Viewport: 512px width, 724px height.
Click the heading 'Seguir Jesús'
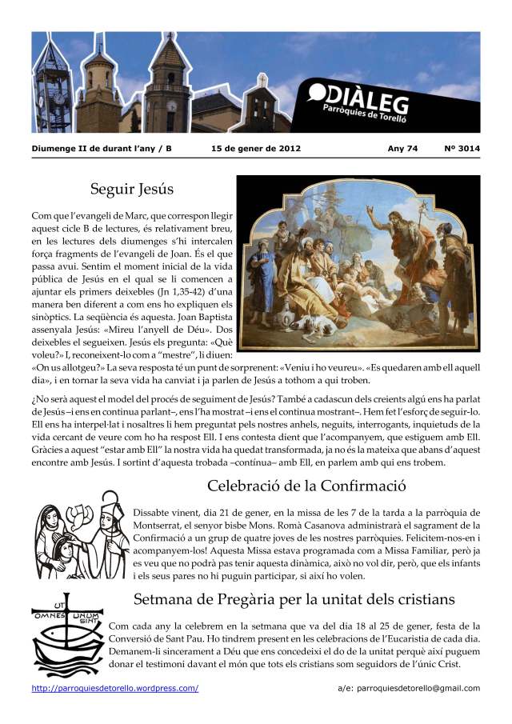click(x=132, y=190)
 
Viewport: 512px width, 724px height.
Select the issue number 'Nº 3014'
click(x=462, y=149)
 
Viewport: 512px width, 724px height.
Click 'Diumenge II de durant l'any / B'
click(x=102, y=149)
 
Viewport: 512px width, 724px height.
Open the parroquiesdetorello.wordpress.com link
click(x=115, y=688)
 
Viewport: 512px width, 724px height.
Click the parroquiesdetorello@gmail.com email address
click(x=409, y=688)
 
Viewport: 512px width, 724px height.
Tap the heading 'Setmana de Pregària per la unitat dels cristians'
click(x=294, y=599)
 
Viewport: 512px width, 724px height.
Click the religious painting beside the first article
click(x=358, y=263)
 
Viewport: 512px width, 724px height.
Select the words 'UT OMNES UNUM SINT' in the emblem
click(x=67, y=613)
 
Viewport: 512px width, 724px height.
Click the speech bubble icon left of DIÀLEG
click(x=318, y=94)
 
